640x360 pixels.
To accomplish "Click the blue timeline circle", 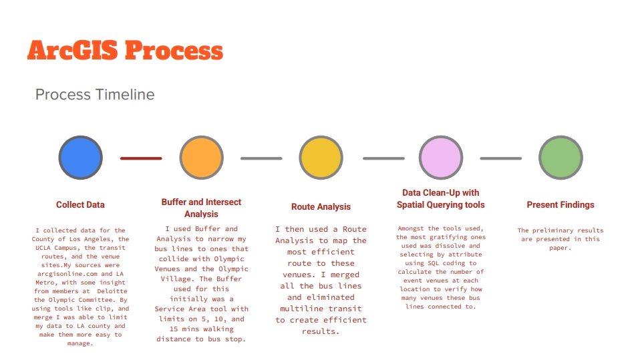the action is tap(80, 158).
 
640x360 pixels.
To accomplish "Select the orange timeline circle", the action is tap(201, 158).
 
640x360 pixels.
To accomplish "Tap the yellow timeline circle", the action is tap(321, 158).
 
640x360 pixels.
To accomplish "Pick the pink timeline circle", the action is tap(441, 158).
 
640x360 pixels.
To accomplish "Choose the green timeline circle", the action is tap(561, 158).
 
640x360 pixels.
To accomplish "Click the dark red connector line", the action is tap(141, 158).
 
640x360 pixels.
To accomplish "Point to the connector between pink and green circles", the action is tap(501, 158).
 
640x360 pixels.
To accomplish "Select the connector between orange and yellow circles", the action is tap(261, 158).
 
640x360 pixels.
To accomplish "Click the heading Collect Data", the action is tap(80, 204).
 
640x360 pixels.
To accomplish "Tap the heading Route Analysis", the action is tap(321, 206).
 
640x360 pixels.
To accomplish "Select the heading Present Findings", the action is tap(561, 204).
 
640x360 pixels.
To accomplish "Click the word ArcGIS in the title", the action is tap(73, 50).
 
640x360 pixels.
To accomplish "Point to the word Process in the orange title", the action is tap(174, 50).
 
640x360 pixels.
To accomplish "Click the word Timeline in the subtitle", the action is tap(125, 94).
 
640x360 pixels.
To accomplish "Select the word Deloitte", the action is tap(112, 291).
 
